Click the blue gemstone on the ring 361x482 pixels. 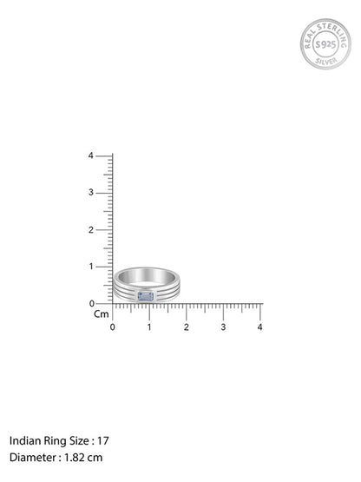tap(146, 296)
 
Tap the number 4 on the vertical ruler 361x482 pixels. tap(90, 155)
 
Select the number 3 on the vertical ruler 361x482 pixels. tap(90, 193)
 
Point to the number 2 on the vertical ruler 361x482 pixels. tap(90, 229)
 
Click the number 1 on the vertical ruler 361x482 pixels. tap(91, 267)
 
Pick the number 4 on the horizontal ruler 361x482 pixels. tap(260, 327)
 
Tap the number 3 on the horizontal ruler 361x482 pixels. tap(223, 327)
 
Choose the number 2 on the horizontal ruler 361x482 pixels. tap(187, 327)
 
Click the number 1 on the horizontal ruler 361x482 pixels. tap(149, 327)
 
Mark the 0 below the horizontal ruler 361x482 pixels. tap(113, 327)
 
